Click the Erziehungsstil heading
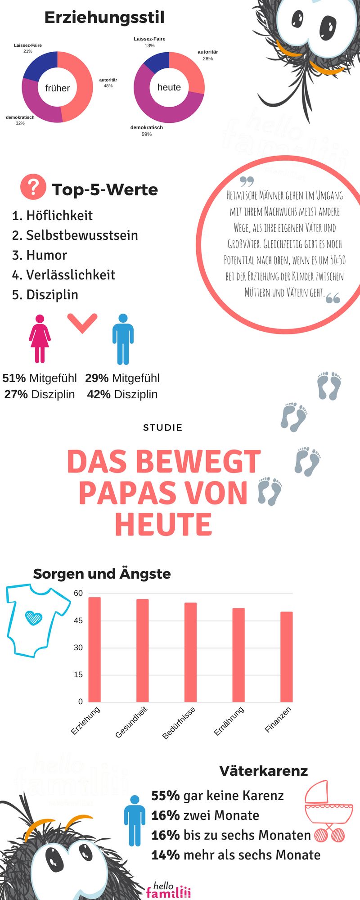point(104,18)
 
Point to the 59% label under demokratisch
point(147,134)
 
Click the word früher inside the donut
point(58,88)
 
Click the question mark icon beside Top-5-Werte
point(33,187)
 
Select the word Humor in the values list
point(46,255)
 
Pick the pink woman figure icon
point(40,338)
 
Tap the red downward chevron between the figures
point(82,323)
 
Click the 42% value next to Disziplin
point(99,394)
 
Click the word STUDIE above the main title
point(162,427)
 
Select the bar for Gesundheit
point(143,650)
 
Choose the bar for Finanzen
point(287,657)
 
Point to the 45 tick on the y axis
point(78,621)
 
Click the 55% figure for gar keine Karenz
point(165,796)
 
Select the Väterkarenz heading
point(264,770)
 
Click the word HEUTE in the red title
point(163,524)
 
